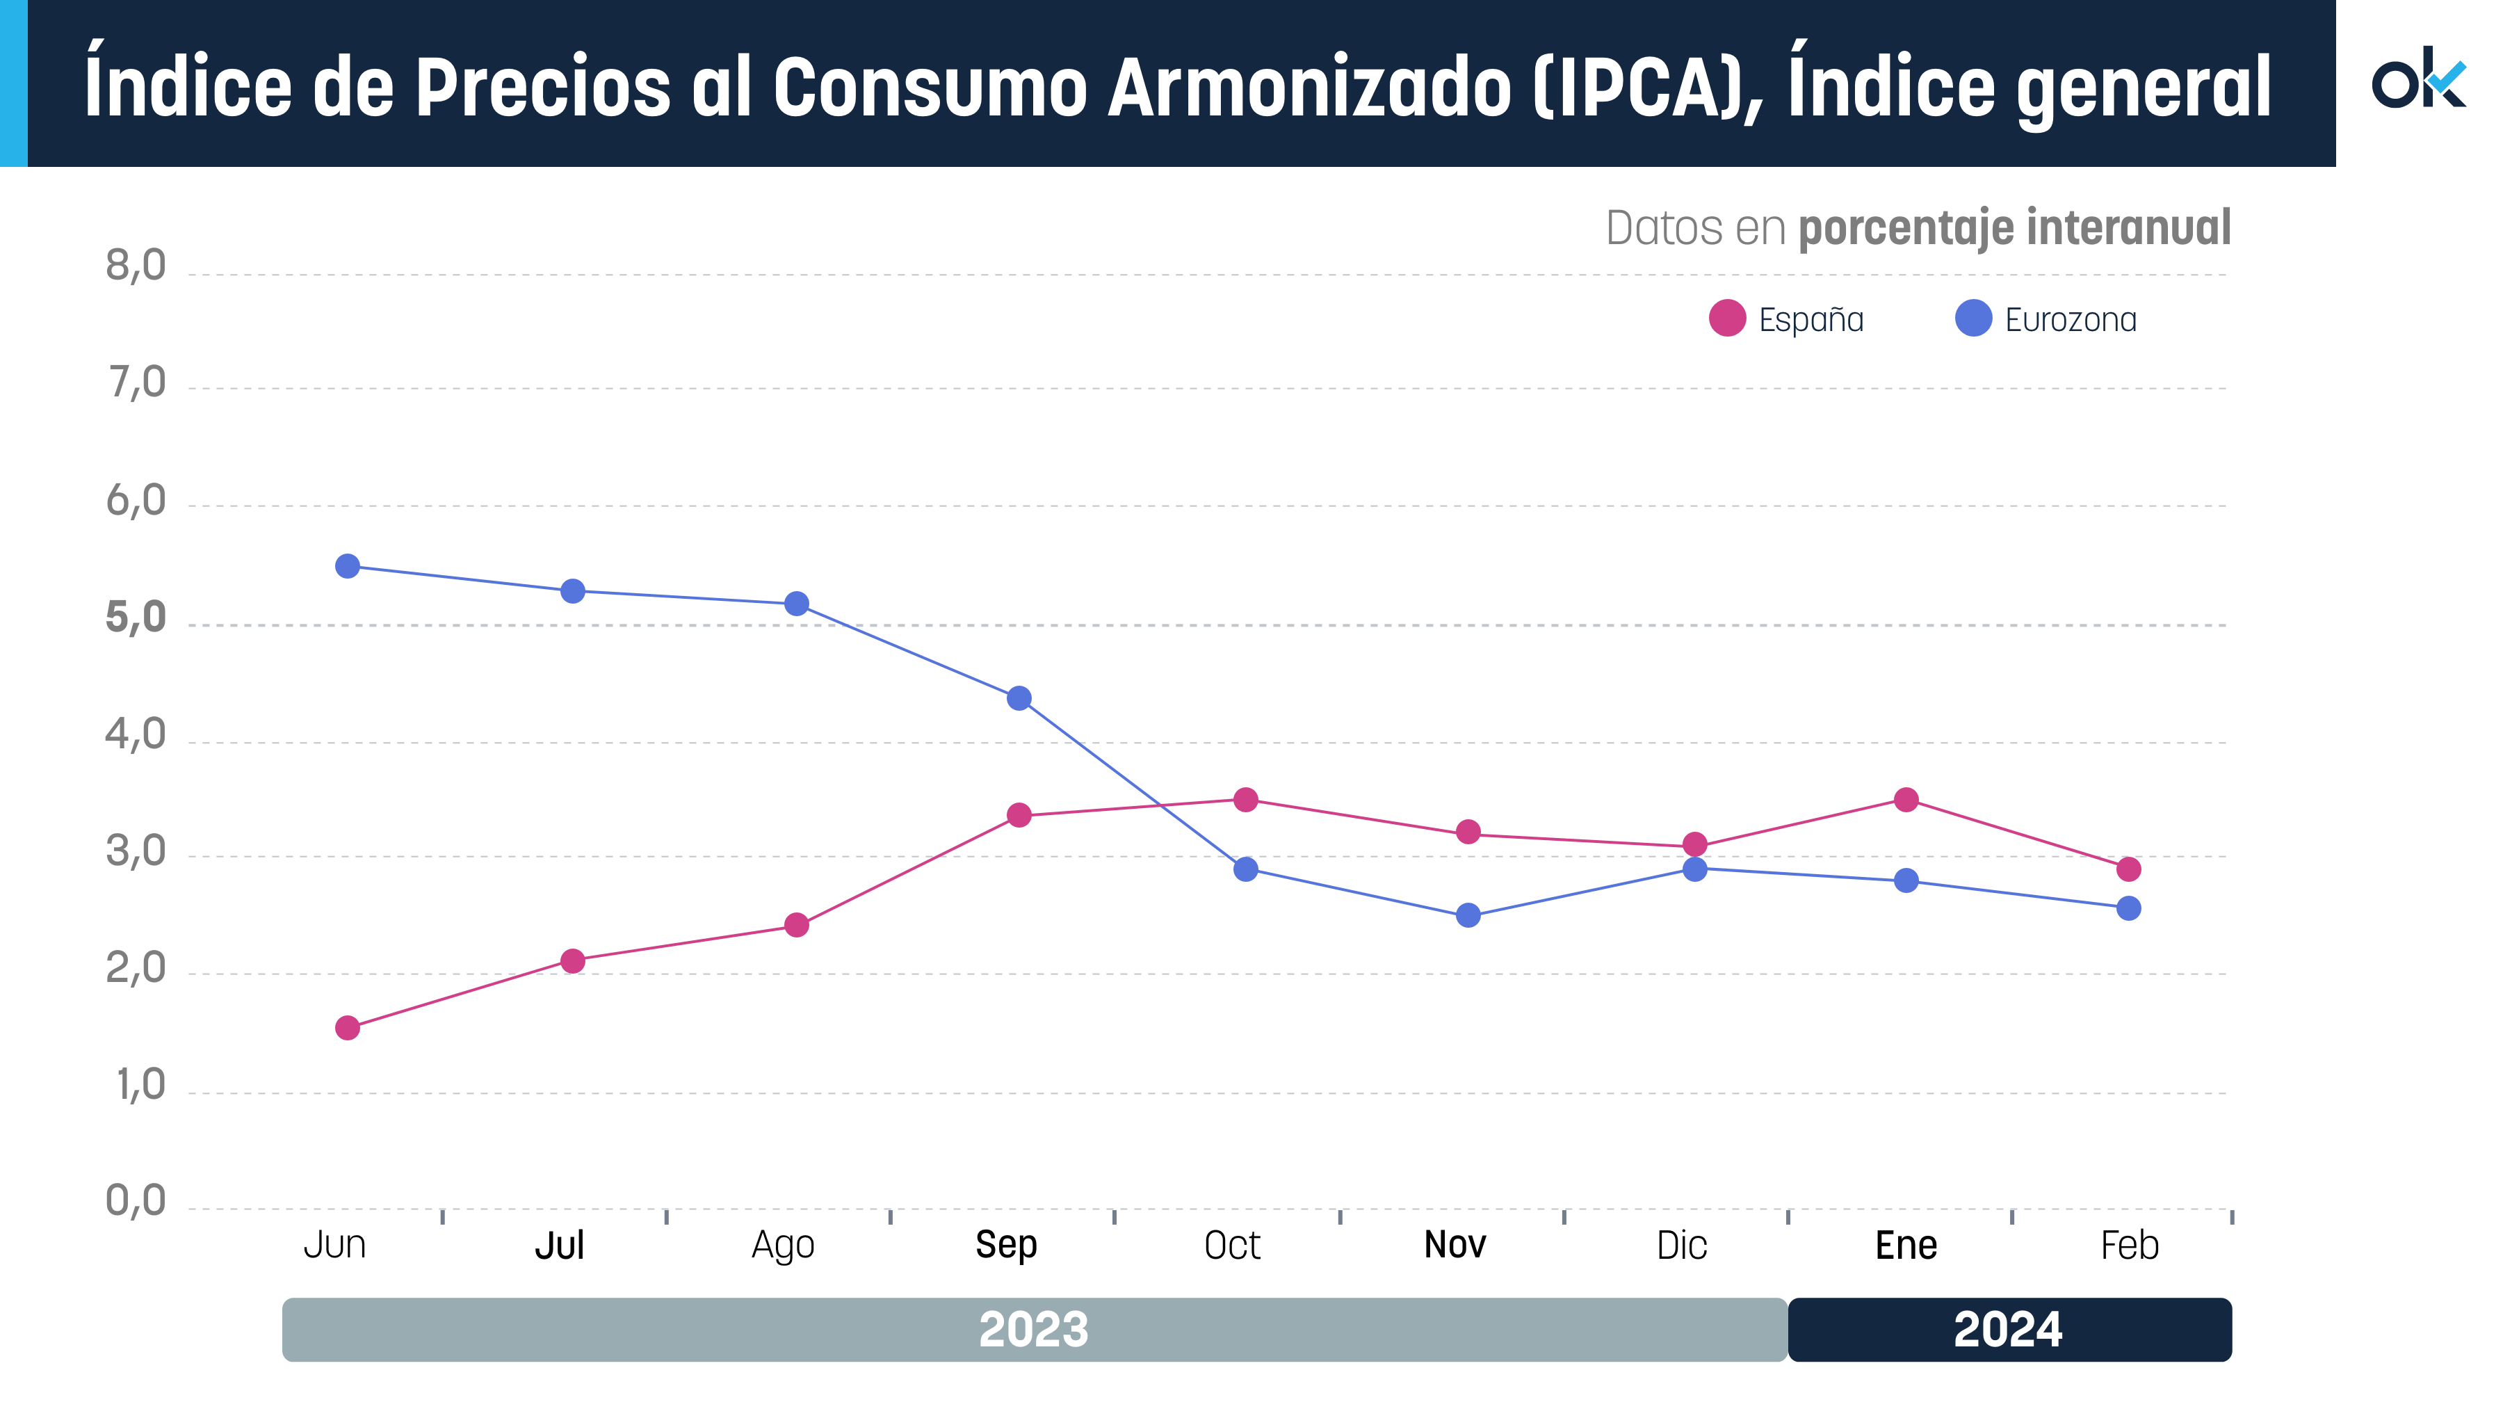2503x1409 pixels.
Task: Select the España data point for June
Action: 347,1027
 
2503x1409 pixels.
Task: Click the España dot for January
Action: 1906,800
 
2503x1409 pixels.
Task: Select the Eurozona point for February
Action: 2128,908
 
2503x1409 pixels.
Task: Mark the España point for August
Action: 796,924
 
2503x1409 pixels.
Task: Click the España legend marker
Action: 1726,318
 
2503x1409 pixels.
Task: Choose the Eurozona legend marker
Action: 1973,318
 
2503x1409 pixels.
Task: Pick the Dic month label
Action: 1681,1245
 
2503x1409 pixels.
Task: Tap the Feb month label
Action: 2129,1245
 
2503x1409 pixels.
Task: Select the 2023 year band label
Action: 1033,1329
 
